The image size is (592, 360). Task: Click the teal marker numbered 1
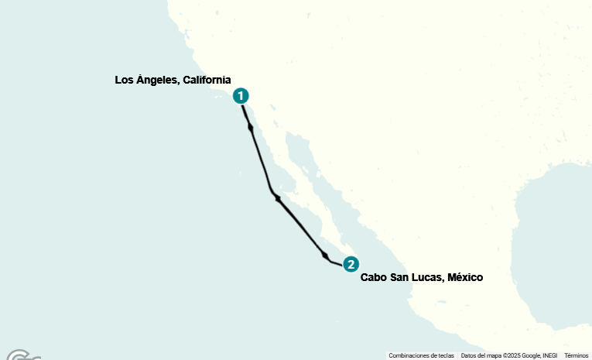tap(241, 96)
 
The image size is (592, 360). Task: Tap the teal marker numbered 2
tap(351, 264)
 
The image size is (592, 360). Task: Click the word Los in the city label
tap(124, 80)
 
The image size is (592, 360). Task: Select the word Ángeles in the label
tap(158, 80)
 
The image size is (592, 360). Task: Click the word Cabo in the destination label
tap(374, 277)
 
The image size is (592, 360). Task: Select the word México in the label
tap(466, 277)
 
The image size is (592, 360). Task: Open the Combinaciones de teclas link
tap(421, 355)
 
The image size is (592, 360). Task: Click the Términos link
tap(577, 355)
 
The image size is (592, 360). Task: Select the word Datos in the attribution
tap(468, 355)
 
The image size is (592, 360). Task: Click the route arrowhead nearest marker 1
tap(250, 127)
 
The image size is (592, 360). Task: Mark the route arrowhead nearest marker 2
tap(326, 255)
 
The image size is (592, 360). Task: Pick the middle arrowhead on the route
tap(277, 198)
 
